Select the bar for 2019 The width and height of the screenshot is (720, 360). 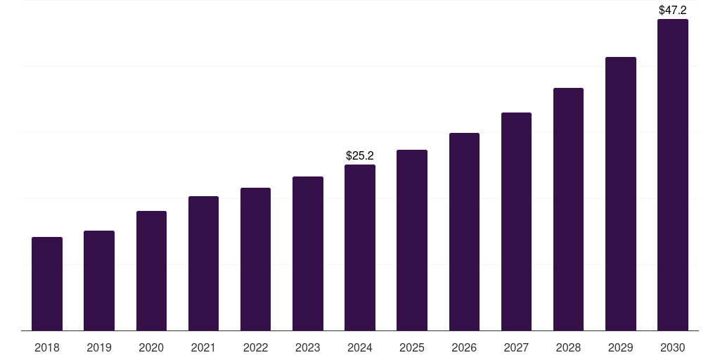(99, 281)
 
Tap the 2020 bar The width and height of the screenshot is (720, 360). (151, 271)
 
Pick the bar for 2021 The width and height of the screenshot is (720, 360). (203, 263)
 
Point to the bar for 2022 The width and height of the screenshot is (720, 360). (255, 259)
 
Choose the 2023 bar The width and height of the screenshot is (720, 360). (308, 253)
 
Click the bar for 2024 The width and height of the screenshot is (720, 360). (360, 247)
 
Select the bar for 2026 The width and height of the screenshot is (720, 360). (464, 231)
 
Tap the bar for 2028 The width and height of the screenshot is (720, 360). (568, 209)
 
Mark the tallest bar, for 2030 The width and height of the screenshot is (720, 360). (673, 174)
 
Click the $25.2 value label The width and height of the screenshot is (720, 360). (360, 155)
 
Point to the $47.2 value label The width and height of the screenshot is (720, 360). (673, 10)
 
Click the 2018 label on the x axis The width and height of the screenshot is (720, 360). (47, 347)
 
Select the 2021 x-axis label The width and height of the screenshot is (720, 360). (203, 347)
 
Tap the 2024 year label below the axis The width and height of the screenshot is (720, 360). (360, 347)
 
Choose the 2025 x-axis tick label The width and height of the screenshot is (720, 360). (412, 347)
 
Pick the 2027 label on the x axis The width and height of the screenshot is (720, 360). (516, 347)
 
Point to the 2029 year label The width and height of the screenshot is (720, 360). (620, 347)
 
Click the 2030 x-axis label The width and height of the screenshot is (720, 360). (673, 347)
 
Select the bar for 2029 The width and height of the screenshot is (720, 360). (620, 193)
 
